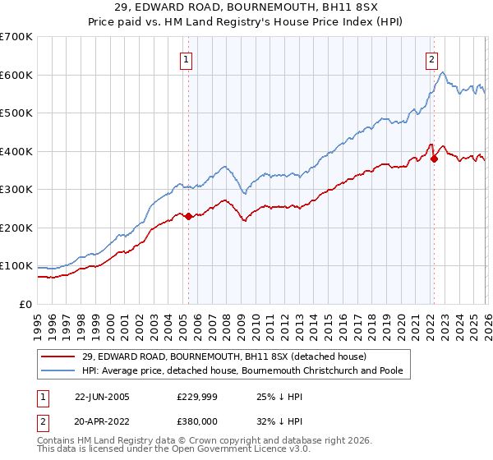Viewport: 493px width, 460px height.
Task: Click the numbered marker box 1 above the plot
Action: [x=187, y=59]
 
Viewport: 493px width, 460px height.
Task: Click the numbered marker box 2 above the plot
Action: [x=431, y=59]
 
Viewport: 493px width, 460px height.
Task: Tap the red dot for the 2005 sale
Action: [x=188, y=216]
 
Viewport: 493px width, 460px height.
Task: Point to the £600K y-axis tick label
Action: [x=16, y=75]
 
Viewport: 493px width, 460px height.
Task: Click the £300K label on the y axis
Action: [x=16, y=190]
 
